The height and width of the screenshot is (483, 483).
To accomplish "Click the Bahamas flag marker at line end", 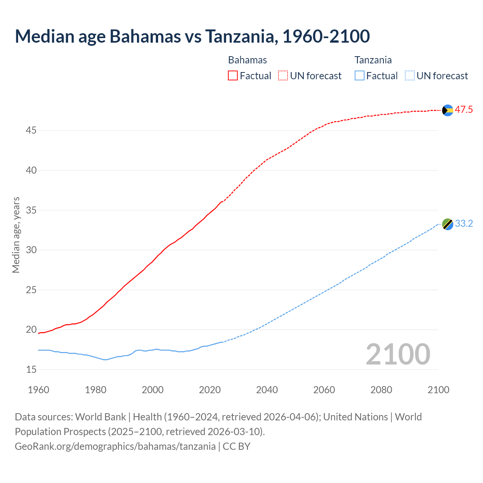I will pyautogui.click(x=448, y=110).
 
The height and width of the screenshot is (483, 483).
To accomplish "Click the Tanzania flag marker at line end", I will pyautogui.click(x=448, y=224).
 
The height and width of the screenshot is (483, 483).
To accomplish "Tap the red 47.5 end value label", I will pyautogui.click(x=464, y=110).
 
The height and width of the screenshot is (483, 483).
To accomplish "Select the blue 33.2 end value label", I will pyautogui.click(x=464, y=224).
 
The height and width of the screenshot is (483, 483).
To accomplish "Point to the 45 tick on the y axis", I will pyautogui.click(x=31, y=131).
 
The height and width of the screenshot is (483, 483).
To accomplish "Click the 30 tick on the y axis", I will pyautogui.click(x=31, y=250).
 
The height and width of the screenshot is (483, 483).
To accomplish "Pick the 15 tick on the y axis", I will pyautogui.click(x=31, y=370).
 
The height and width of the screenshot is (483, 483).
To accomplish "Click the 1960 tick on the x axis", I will pyautogui.click(x=38, y=390).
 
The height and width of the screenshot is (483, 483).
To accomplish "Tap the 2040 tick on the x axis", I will pyautogui.click(x=267, y=390).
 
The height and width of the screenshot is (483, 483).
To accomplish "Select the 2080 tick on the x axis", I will pyautogui.click(x=381, y=390).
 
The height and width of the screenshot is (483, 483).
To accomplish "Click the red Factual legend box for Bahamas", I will pyautogui.click(x=233, y=76).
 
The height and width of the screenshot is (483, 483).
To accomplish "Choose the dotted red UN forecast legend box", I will pyautogui.click(x=283, y=76).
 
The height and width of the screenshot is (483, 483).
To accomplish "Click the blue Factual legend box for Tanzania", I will pyautogui.click(x=359, y=76).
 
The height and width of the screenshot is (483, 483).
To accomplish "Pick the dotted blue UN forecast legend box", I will pyautogui.click(x=409, y=76).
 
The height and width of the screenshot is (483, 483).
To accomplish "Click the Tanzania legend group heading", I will pyautogui.click(x=373, y=60).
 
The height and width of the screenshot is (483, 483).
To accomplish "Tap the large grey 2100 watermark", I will pyautogui.click(x=398, y=354).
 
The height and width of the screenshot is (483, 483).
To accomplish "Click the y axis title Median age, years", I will pyautogui.click(x=16, y=235).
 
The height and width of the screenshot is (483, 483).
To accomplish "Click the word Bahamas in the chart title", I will pyautogui.click(x=145, y=36).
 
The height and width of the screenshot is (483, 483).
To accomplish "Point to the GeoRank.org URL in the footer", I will pyautogui.click(x=115, y=446).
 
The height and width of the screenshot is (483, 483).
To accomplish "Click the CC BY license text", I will pyautogui.click(x=237, y=446).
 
